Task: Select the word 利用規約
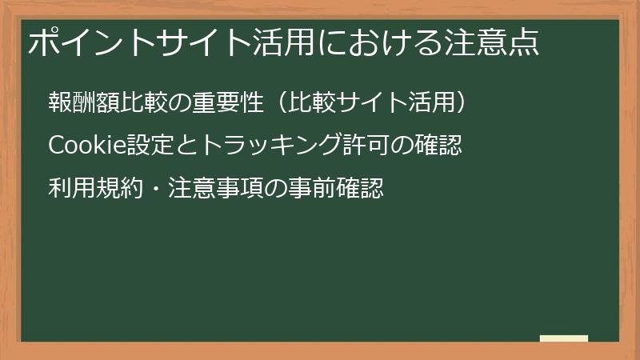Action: [94, 189]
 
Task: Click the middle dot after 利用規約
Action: [153, 189]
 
